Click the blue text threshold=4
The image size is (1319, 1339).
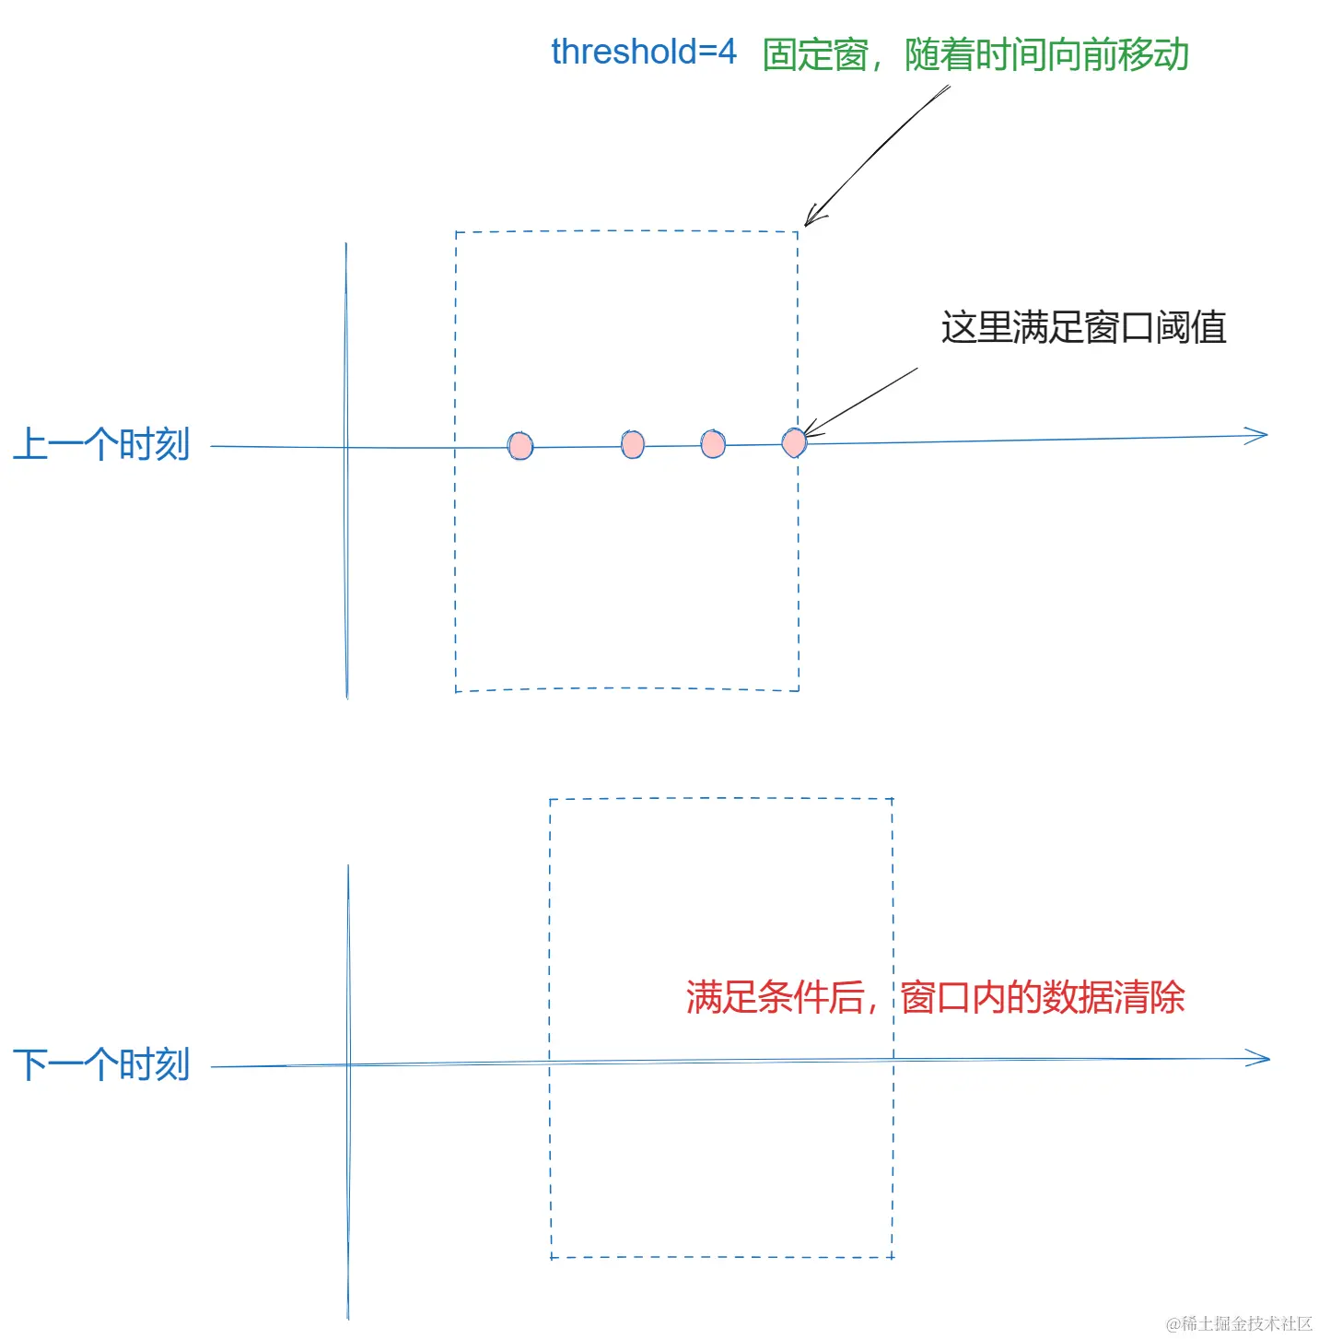tap(643, 53)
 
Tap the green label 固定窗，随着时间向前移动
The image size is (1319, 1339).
tap(975, 55)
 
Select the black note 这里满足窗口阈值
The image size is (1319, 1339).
tap(1083, 328)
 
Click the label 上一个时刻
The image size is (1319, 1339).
tap(101, 444)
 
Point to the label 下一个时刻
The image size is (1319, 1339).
tap(101, 1065)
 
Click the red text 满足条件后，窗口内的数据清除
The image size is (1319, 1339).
tap(935, 997)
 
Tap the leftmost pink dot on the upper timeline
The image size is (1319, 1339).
tap(520, 446)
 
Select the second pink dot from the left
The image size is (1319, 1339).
tap(633, 445)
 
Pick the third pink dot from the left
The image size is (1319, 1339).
tap(713, 444)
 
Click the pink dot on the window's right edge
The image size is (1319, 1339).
tap(794, 442)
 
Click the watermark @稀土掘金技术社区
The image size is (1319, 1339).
tap(1239, 1323)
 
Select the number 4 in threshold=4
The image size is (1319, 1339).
tap(728, 53)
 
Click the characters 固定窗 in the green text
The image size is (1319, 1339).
tap(815, 55)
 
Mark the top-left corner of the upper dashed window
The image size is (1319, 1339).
tap(456, 232)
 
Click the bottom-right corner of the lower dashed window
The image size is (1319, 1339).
tap(893, 1257)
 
